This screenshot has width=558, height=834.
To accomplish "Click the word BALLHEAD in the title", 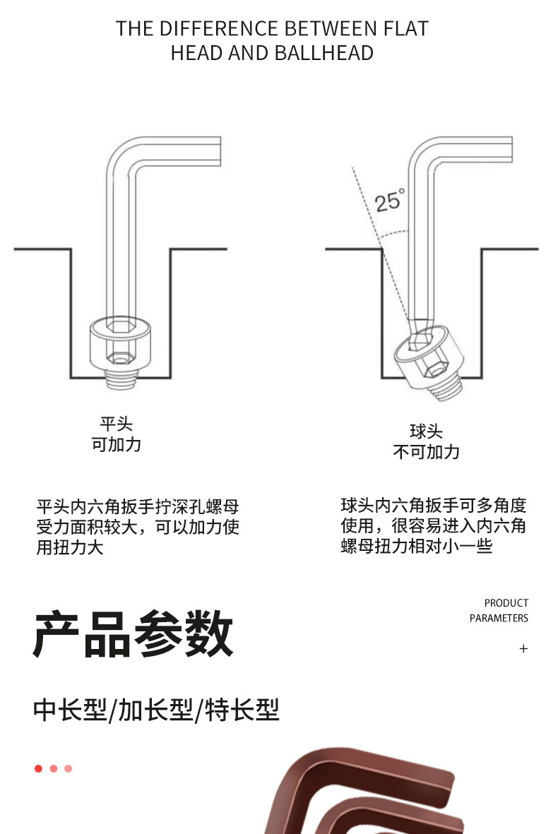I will (323, 53).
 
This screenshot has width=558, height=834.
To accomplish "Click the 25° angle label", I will (389, 200).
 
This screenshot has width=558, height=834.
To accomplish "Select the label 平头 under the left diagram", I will (116, 424).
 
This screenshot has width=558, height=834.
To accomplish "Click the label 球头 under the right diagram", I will (426, 431).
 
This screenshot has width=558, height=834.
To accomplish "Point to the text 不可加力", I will (426, 452).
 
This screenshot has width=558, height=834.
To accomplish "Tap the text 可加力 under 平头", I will (116, 445).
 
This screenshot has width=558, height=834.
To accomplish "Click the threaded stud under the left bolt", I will (121, 379).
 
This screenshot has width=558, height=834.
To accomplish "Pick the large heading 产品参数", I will (133, 634).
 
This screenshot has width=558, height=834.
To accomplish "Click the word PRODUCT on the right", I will (506, 603).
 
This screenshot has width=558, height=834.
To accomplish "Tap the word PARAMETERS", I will (499, 618).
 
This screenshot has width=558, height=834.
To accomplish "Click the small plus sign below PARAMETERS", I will (523, 648).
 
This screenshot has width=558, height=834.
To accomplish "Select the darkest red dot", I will (38, 768).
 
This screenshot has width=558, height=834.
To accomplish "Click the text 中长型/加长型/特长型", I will (156, 710).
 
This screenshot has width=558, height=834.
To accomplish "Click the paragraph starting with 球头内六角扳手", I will (434, 525).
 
